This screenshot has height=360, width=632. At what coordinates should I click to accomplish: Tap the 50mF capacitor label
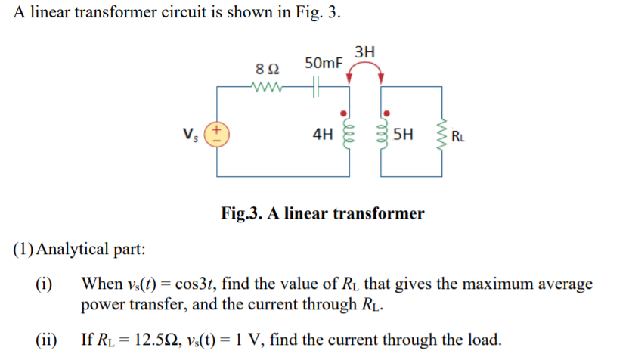(x=323, y=62)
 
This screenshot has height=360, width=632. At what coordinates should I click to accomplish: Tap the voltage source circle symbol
(x=218, y=135)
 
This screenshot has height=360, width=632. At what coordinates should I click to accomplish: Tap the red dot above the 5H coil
(x=383, y=111)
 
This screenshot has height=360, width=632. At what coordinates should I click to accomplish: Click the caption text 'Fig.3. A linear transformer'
(x=322, y=213)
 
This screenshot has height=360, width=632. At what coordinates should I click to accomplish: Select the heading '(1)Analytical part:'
(x=80, y=249)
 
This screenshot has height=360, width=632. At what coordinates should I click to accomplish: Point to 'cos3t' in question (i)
(x=215, y=284)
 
